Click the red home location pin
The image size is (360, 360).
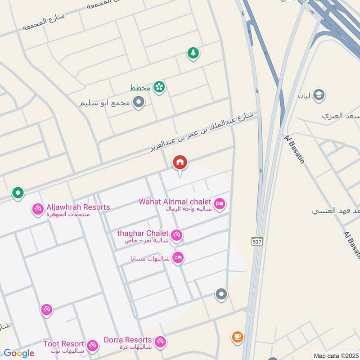(180, 163)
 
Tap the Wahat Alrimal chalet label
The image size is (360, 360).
(175, 201)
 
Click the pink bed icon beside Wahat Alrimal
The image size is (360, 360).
(220, 204)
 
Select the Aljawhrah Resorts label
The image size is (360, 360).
(78, 207)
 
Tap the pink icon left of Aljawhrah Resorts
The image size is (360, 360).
(37, 209)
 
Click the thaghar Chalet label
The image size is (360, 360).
(143, 233)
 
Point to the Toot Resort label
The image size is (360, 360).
(63, 344)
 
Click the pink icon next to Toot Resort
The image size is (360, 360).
(92, 345)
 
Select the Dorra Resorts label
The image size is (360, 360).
(127, 339)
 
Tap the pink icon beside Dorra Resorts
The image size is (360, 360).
(160, 342)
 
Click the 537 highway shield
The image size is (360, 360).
(256, 241)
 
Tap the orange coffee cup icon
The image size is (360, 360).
(237, 336)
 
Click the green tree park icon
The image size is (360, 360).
(193, 53)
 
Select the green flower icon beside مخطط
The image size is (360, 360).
(158, 86)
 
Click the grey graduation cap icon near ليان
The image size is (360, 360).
(319, 95)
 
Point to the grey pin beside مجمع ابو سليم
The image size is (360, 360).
(139, 102)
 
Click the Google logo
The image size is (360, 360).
(18, 353)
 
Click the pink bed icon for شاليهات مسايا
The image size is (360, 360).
(178, 257)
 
